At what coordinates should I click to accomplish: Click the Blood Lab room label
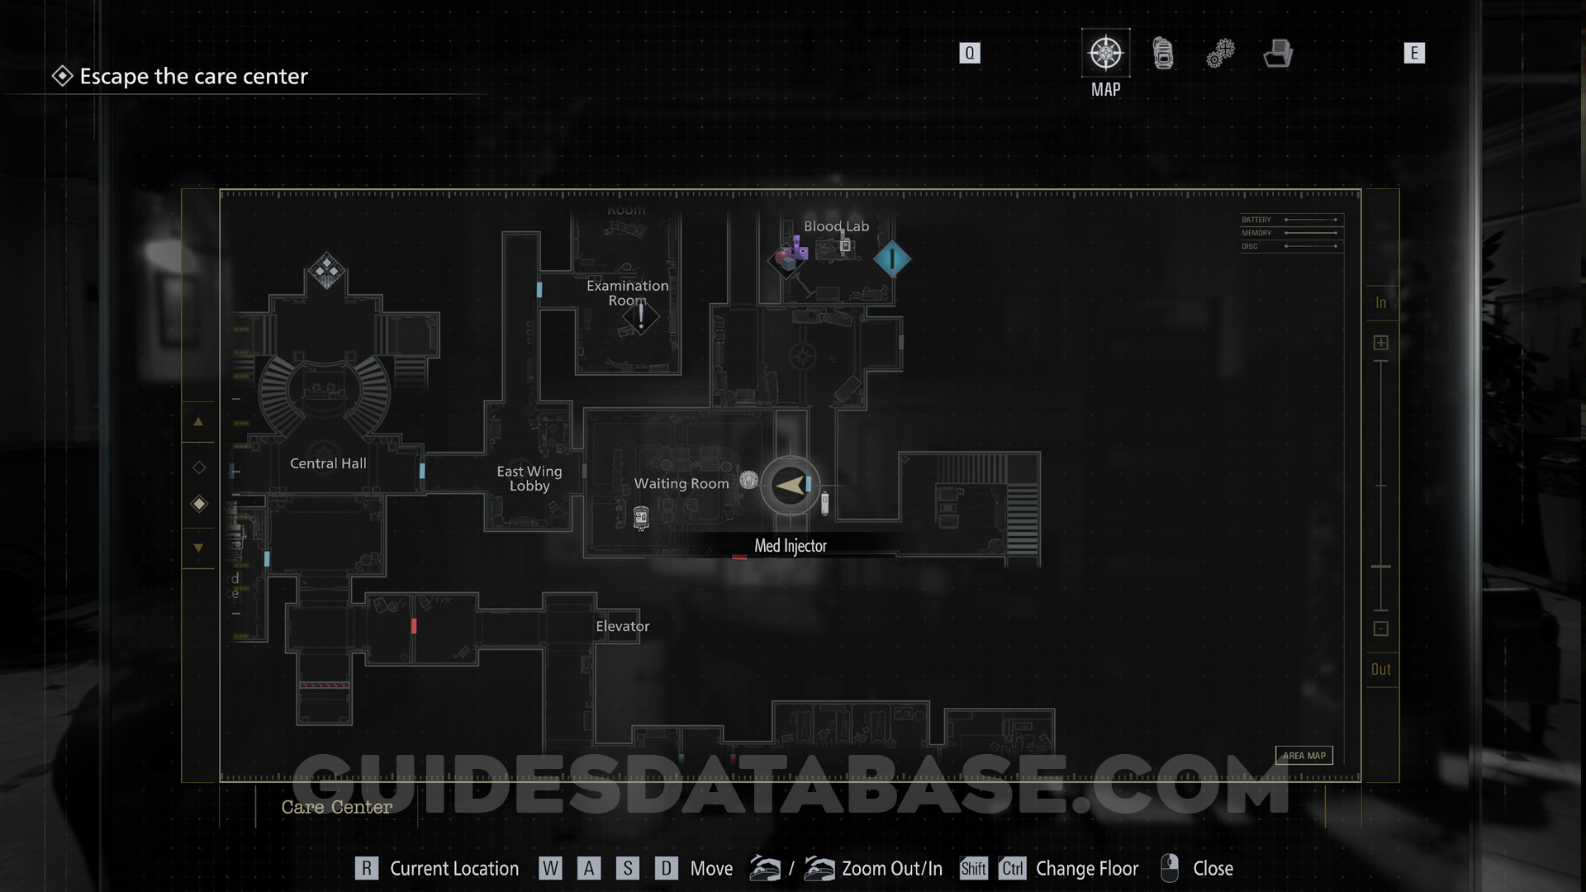[836, 226]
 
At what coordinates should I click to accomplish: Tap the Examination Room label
[628, 293]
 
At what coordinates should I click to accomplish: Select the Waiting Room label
[681, 484]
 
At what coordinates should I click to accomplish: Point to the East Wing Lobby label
[529, 478]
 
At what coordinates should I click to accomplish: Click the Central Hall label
[328, 463]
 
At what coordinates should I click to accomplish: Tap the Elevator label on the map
[623, 626]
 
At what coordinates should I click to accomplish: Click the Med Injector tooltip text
[791, 546]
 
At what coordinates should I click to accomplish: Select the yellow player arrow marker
[790, 486]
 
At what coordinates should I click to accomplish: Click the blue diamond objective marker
[892, 259]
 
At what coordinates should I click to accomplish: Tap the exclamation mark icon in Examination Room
[641, 316]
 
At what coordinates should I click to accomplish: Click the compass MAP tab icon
[1105, 54]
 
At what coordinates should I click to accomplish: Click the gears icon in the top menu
[1220, 54]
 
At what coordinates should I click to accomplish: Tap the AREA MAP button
[1303, 756]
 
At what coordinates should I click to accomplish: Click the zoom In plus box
[1380, 343]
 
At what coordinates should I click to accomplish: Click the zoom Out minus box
[1380, 629]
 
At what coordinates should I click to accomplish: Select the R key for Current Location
[366, 868]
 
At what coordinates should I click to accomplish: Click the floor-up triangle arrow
[198, 421]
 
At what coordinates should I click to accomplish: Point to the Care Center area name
[337, 807]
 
